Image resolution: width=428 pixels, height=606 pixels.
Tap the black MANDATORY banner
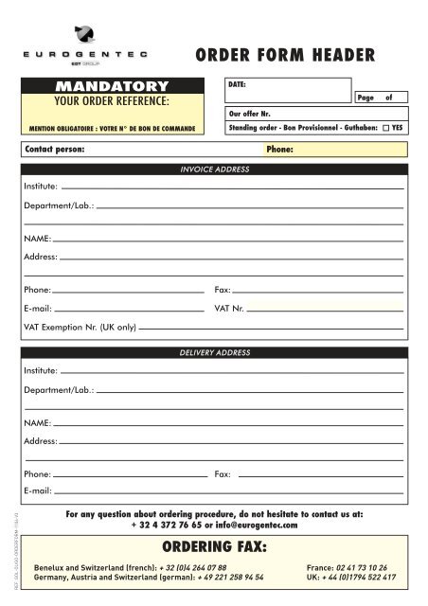[x=113, y=87]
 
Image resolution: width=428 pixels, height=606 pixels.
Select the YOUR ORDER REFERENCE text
[x=113, y=101]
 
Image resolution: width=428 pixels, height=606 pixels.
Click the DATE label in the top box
[x=238, y=84]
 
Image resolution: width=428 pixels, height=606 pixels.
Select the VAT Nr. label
[x=229, y=309]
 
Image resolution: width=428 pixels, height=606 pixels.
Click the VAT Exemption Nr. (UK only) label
[x=80, y=328]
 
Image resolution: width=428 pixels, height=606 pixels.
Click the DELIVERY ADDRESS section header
[x=214, y=352]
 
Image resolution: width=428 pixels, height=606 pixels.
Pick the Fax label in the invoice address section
[x=223, y=289]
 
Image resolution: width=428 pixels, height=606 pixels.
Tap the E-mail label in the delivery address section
[x=37, y=491]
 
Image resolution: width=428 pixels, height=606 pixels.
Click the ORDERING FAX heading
[x=214, y=547]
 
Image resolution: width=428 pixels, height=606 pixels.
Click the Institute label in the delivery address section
[x=41, y=370]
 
